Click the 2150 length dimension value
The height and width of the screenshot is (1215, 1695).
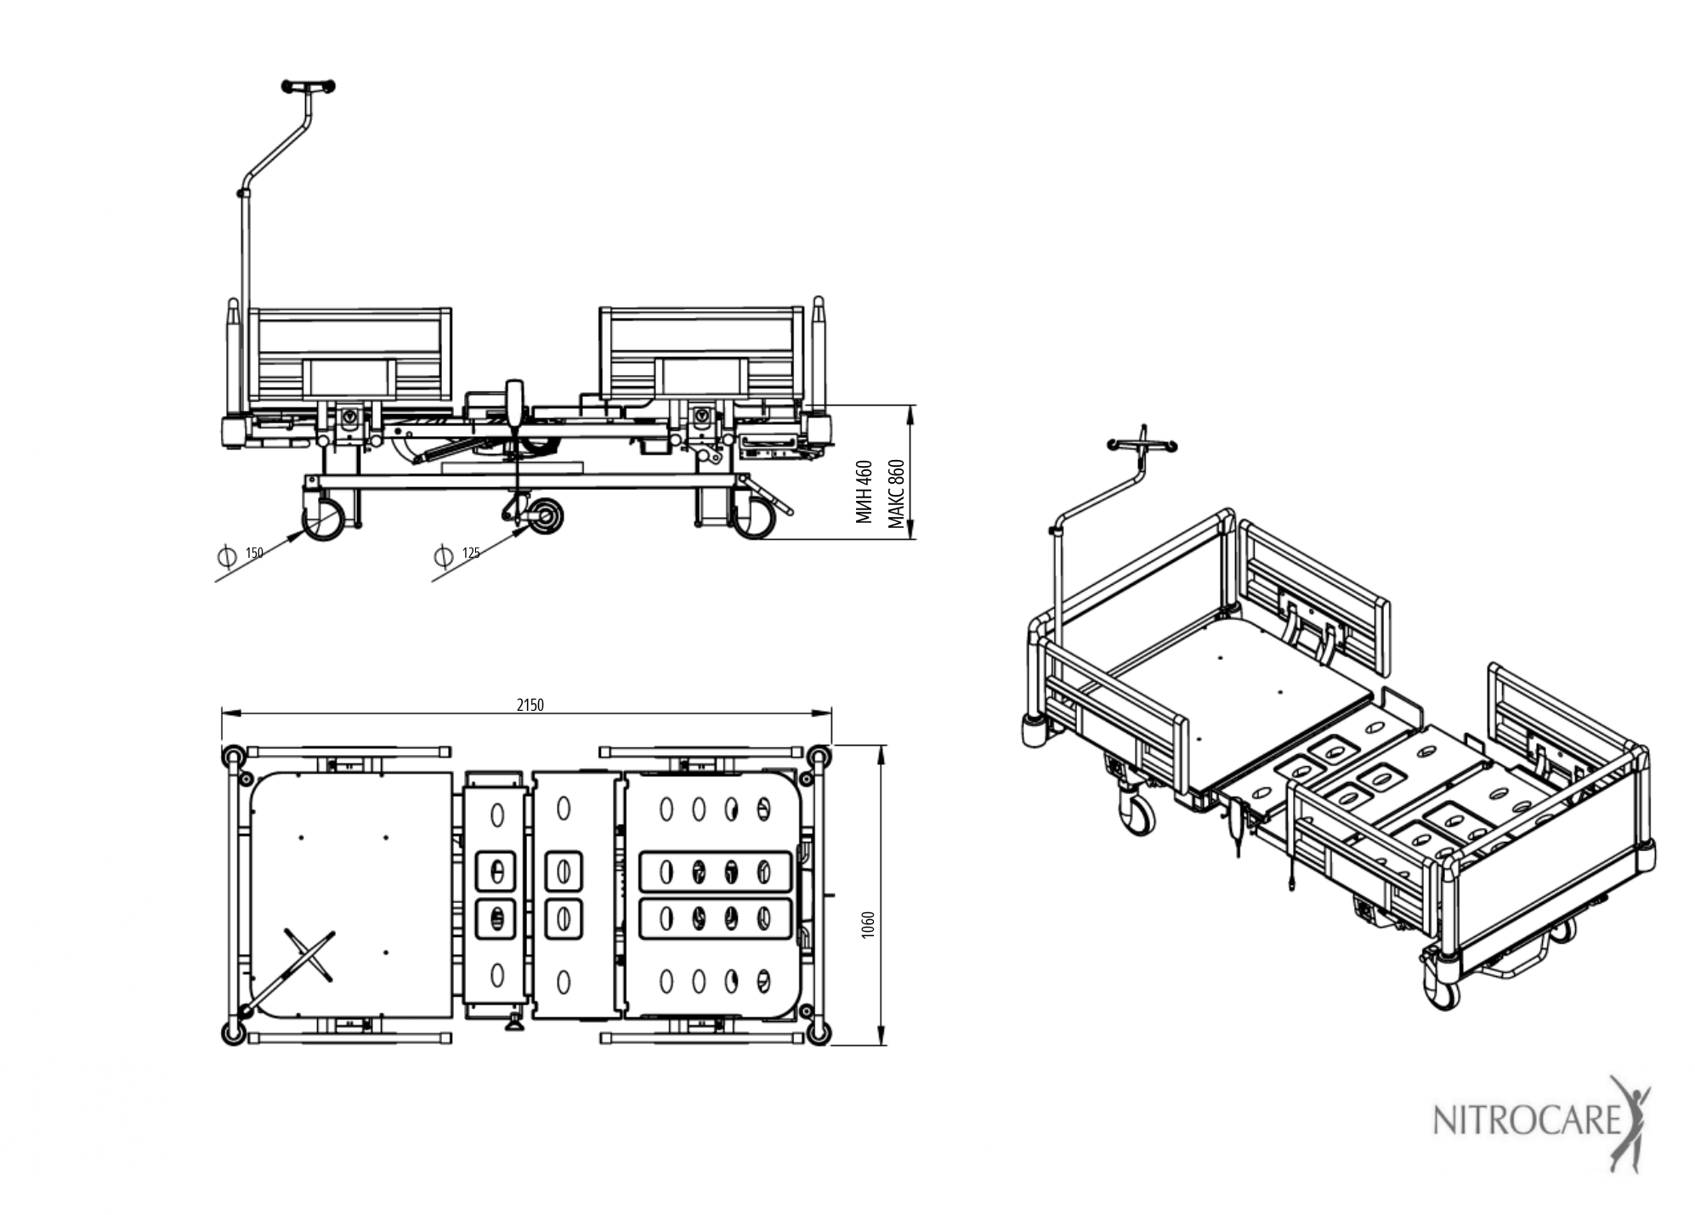tap(530, 705)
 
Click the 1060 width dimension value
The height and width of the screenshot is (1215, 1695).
tap(868, 925)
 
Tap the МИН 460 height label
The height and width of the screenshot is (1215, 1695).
tap(865, 491)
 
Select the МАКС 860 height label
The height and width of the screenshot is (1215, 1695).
tap(897, 494)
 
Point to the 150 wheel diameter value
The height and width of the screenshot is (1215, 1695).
tap(254, 553)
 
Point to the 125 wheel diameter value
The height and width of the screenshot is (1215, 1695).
tap(471, 553)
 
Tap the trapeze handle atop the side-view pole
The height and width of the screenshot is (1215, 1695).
tap(308, 86)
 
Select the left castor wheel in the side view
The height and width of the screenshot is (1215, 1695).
tap(324, 519)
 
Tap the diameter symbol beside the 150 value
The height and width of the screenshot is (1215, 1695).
tap(227, 556)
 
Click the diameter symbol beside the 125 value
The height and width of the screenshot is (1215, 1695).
tap(443, 557)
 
